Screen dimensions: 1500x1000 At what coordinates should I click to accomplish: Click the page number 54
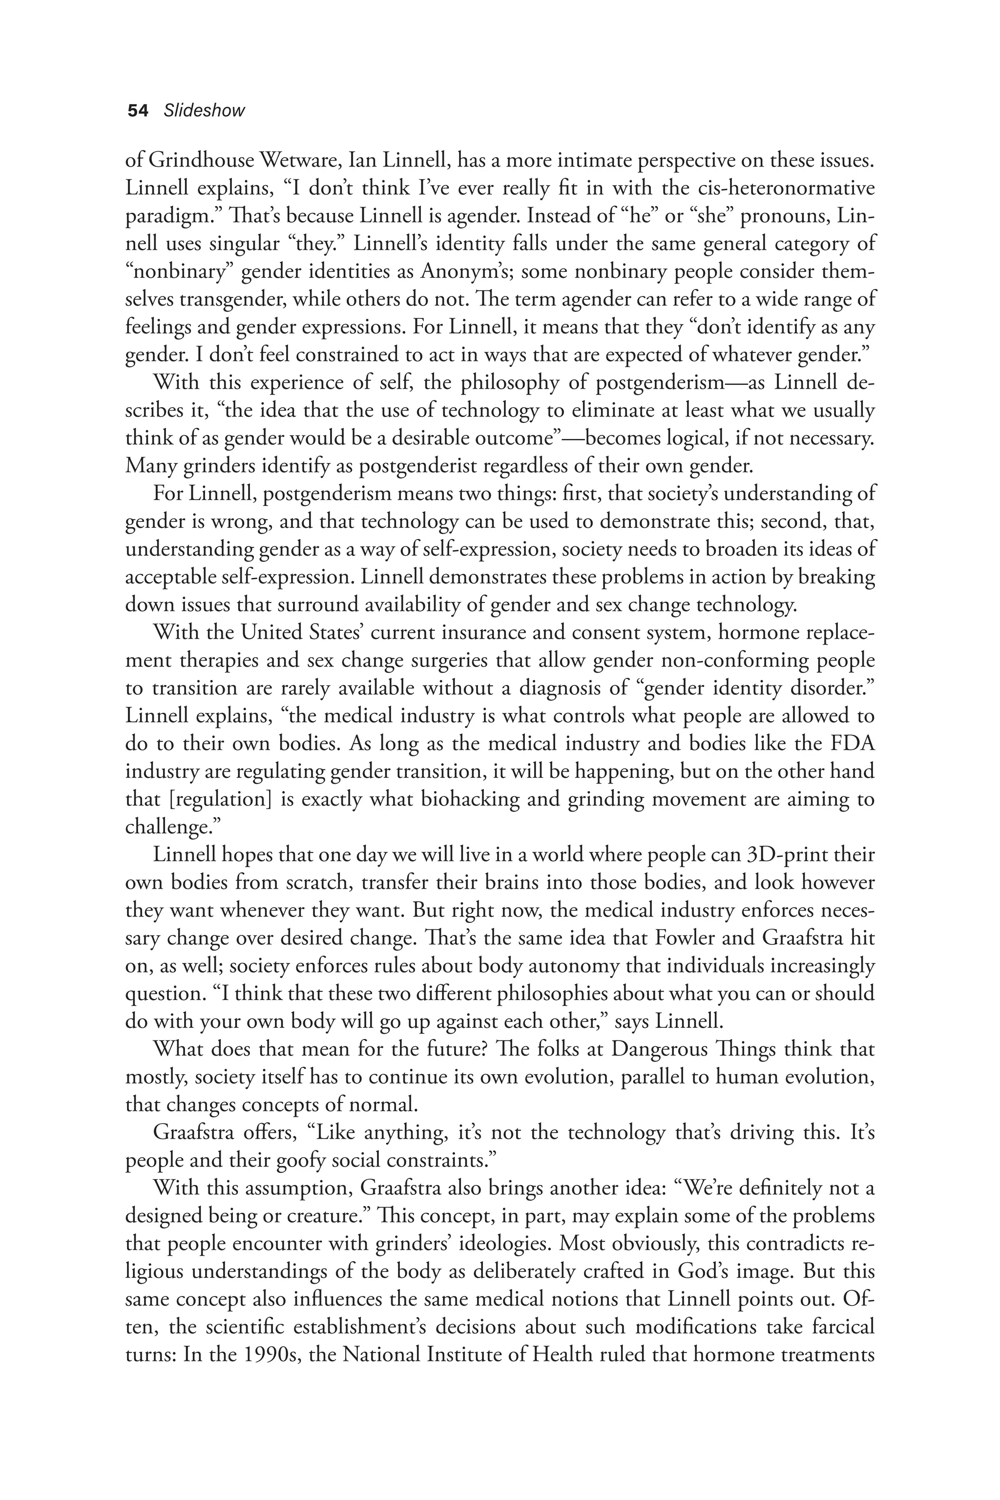point(138,111)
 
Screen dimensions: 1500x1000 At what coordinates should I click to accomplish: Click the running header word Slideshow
point(204,111)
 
